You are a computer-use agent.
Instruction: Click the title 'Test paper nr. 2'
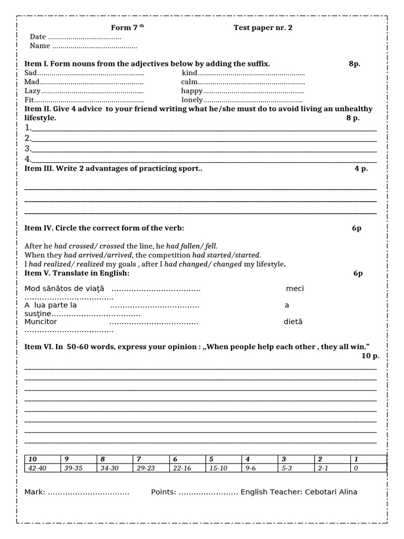click(x=262, y=28)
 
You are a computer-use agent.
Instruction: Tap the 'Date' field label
click(x=38, y=37)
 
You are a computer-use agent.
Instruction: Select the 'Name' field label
click(x=40, y=46)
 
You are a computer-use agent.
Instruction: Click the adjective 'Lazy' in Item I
click(x=33, y=91)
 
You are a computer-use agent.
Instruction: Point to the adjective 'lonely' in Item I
click(x=192, y=100)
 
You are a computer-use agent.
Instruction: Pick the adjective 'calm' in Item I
click(x=189, y=82)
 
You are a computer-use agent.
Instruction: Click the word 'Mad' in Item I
click(x=32, y=82)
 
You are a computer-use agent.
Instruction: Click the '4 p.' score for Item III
click(x=361, y=168)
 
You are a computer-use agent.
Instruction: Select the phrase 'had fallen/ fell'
click(x=191, y=246)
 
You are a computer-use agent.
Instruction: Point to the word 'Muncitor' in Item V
click(x=41, y=322)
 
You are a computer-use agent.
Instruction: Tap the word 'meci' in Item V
click(x=295, y=288)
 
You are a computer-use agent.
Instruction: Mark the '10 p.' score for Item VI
click(x=370, y=356)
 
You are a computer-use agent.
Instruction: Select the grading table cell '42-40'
click(x=37, y=468)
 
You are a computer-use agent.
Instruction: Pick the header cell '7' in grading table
click(x=139, y=459)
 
